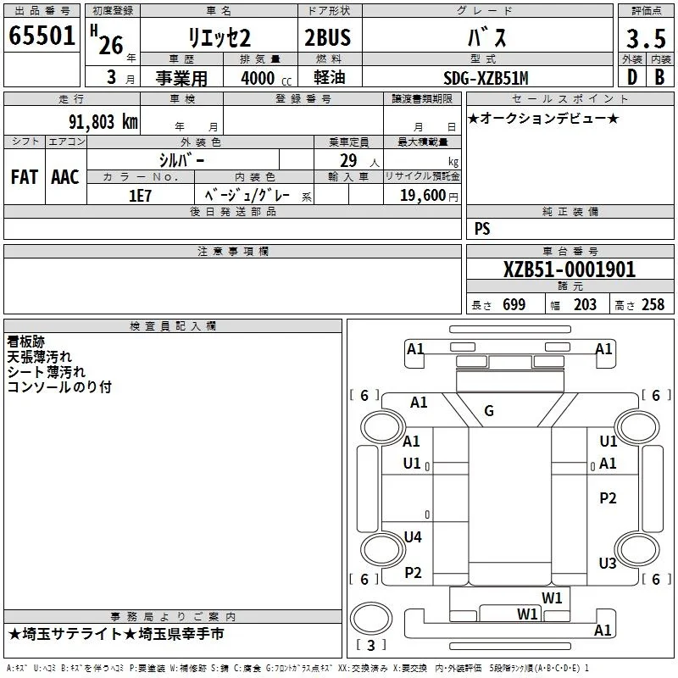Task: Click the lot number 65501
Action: tap(42, 36)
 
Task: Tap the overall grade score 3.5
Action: tap(646, 38)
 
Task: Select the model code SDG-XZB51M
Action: tap(486, 78)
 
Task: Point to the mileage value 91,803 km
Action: tap(103, 122)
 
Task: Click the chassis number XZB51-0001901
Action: tap(570, 270)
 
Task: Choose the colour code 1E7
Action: tap(140, 196)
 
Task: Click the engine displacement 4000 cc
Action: tap(266, 79)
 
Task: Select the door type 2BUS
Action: tap(328, 37)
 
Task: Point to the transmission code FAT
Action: tap(25, 177)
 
